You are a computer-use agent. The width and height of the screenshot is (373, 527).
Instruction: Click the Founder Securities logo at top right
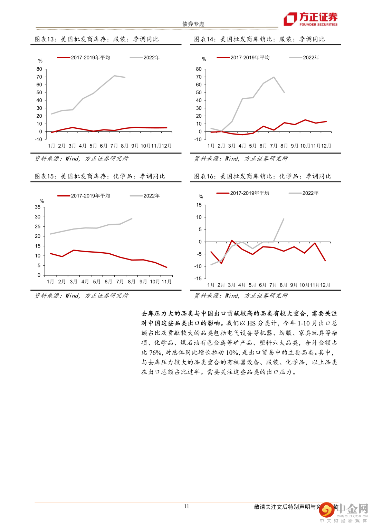[x=310, y=19]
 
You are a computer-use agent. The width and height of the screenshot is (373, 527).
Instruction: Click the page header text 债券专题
[x=193, y=24]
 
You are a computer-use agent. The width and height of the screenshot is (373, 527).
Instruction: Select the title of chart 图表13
[x=96, y=39]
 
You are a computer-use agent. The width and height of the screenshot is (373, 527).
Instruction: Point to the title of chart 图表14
[x=259, y=39]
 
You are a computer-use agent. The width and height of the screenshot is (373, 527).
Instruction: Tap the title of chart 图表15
[x=100, y=176]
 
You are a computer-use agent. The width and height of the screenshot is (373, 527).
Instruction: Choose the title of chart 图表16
[x=262, y=176]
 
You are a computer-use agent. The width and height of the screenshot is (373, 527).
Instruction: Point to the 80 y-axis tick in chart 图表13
[x=39, y=69]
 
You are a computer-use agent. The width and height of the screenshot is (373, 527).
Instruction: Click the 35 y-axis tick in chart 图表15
[x=38, y=207]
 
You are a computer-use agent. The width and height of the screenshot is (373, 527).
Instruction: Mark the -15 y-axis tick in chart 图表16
[x=198, y=279]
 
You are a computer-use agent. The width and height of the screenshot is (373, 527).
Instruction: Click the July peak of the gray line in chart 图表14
[x=274, y=77]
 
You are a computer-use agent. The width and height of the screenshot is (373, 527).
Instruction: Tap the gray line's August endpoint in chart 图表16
[x=284, y=219]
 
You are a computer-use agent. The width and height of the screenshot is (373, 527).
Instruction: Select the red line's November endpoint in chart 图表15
[x=166, y=267]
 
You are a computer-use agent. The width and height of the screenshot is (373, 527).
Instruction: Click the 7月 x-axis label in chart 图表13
[x=114, y=146]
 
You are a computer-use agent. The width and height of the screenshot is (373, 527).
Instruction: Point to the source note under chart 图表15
[x=81, y=296]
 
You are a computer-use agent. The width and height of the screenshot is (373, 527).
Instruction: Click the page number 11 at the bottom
[x=186, y=506]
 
